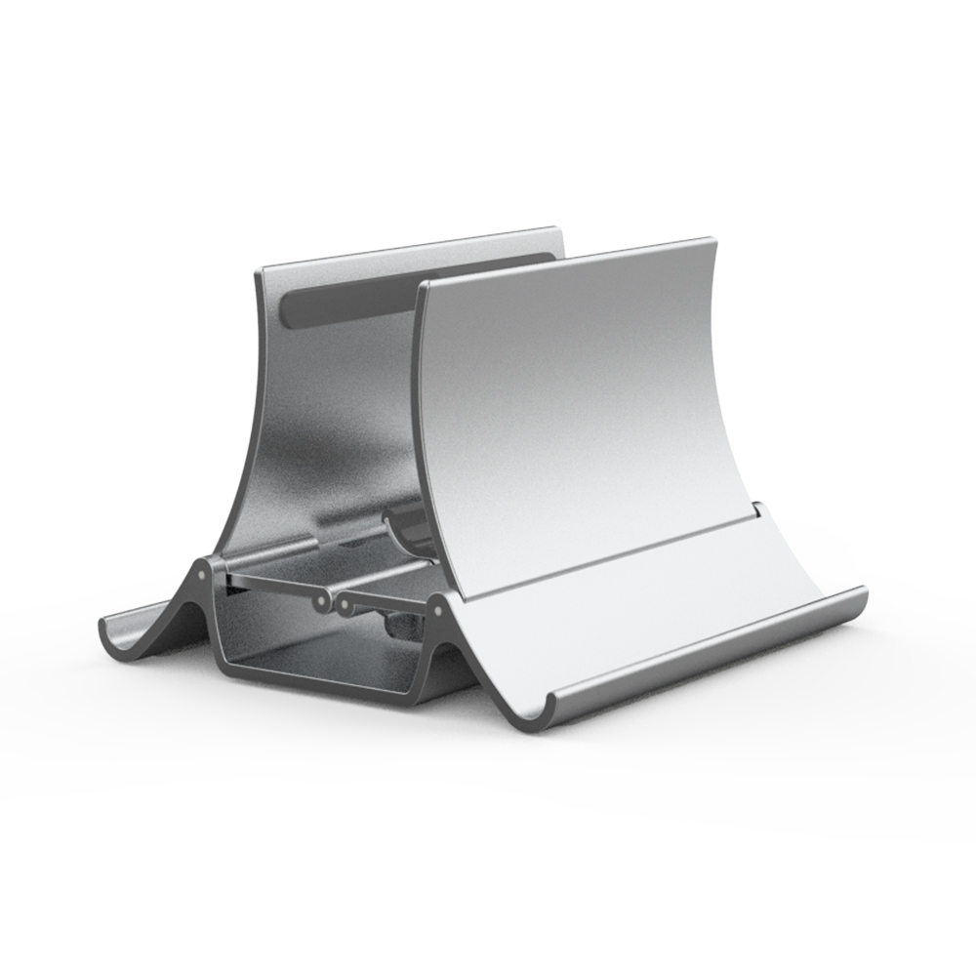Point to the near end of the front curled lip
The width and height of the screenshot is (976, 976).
(558, 705)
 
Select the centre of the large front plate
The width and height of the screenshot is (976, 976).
(586, 410)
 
